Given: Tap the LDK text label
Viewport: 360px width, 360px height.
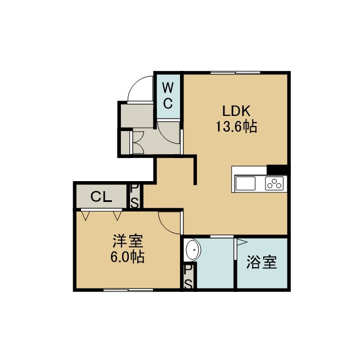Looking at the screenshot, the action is tap(236, 111).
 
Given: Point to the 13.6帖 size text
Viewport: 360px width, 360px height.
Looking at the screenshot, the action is tap(236, 126).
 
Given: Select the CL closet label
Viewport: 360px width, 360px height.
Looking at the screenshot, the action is tap(101, 196).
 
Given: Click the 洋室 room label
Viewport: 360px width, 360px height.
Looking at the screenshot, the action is tap(128, 241).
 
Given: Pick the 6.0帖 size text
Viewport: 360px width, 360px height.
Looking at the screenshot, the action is tap(128, 256).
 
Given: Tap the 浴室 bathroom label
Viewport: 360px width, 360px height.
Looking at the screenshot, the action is tap(262, 262).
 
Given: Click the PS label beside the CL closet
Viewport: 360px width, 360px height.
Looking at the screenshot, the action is tap(134, 196).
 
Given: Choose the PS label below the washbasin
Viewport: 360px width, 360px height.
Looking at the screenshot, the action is tap(188, 277).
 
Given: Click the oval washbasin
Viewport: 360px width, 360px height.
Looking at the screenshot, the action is tap(193, 250).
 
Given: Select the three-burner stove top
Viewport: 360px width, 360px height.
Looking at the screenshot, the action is tap(274, 184).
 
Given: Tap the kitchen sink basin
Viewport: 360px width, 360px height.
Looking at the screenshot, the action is tap(245, 183).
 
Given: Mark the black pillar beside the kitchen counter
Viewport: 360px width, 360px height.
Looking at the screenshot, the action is tap(277, 170).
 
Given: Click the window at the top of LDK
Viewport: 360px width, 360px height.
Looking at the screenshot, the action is tap(235, 73).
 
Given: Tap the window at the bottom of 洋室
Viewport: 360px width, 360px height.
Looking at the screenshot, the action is tap(128, 290).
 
